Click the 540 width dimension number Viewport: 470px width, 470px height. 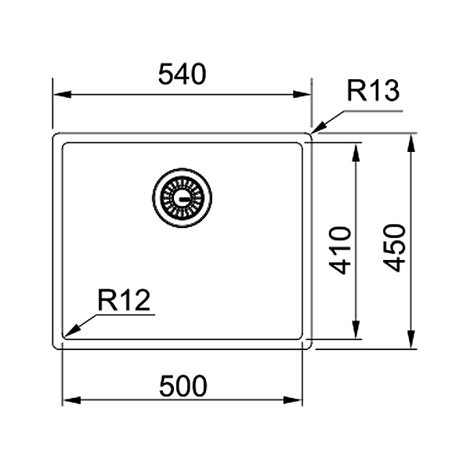click(x=182, y=74)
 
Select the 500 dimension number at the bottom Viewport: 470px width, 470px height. click(x=183, y=385)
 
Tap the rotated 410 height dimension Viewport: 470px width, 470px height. click(x=340, y=251)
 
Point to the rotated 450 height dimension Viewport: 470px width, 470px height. click(x=394, y=248)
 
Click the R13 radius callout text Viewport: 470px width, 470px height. click(x=373, y=90)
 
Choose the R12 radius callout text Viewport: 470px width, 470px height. click(x=124, y=300)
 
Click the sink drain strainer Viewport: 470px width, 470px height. click(x=183, y=198)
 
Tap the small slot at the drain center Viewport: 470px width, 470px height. click(x=183, y=198)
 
